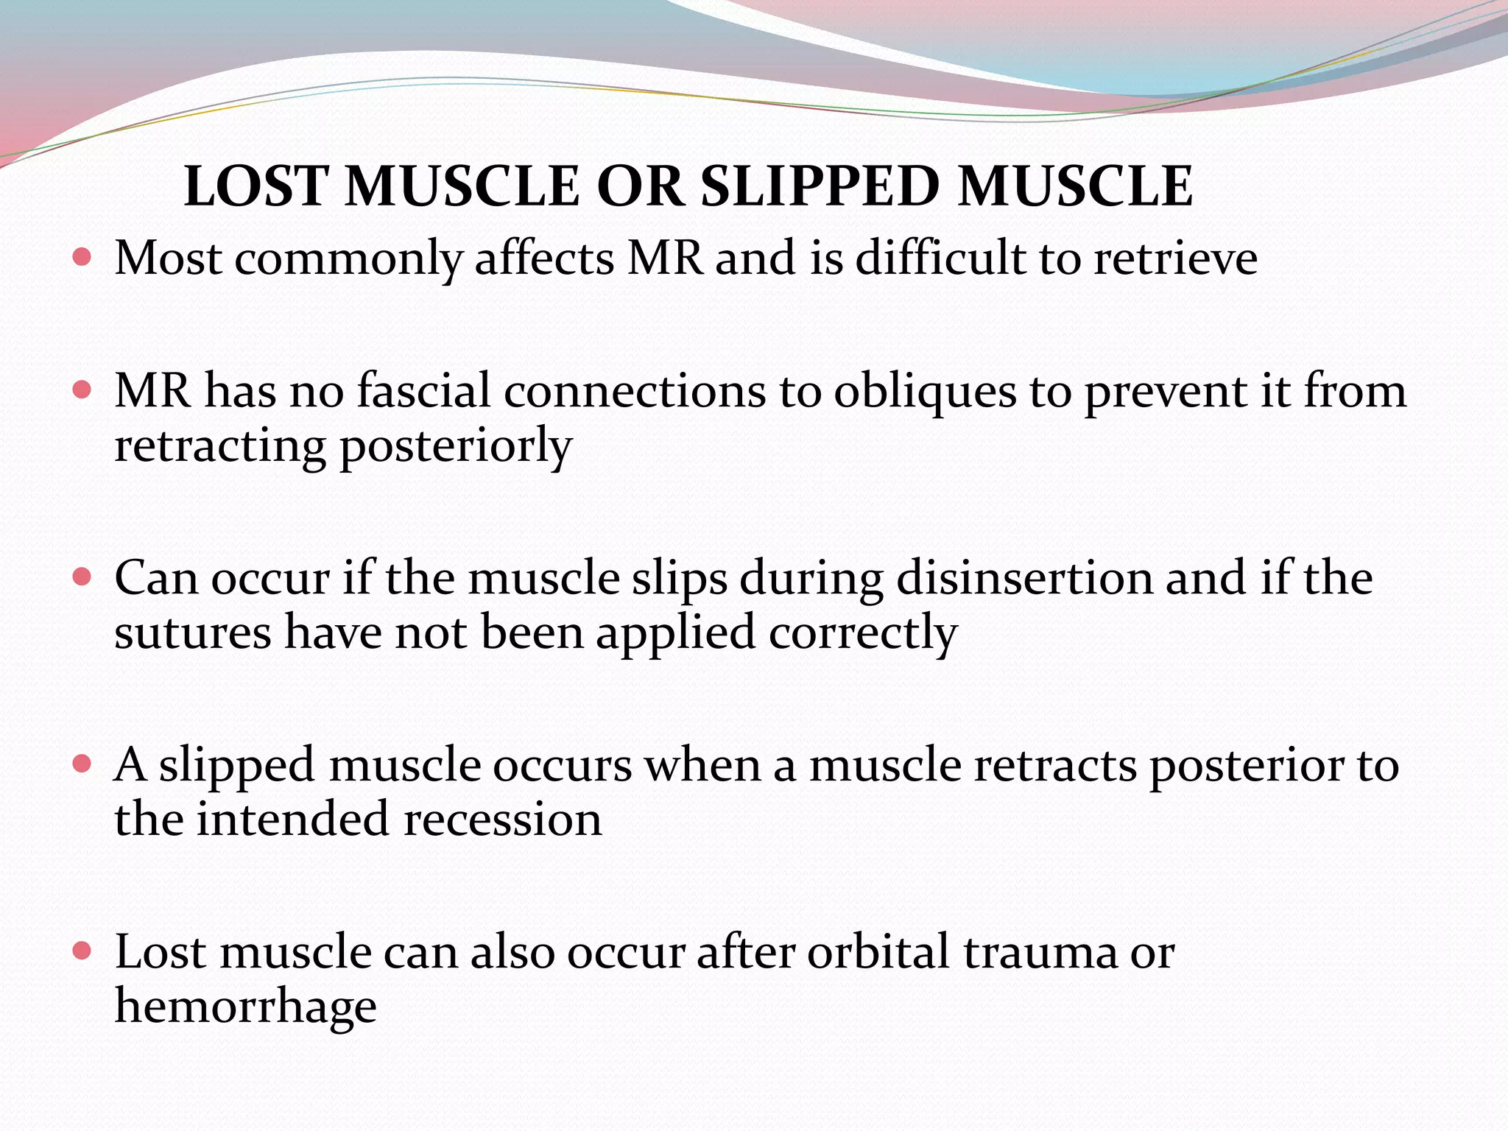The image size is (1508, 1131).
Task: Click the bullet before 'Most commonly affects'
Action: tap(82, 258)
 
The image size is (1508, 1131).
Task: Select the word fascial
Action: tap(423, 390)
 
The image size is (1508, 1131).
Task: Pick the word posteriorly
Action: tap(455, 446)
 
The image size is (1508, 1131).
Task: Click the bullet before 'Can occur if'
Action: tap(82, 577)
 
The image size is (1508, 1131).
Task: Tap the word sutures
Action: tap(193, 633)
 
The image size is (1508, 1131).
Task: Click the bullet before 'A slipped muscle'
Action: tap(82, 764)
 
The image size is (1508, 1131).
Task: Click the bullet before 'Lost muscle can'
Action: tap(82, 951)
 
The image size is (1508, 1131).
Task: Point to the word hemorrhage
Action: tap(245, 1007)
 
